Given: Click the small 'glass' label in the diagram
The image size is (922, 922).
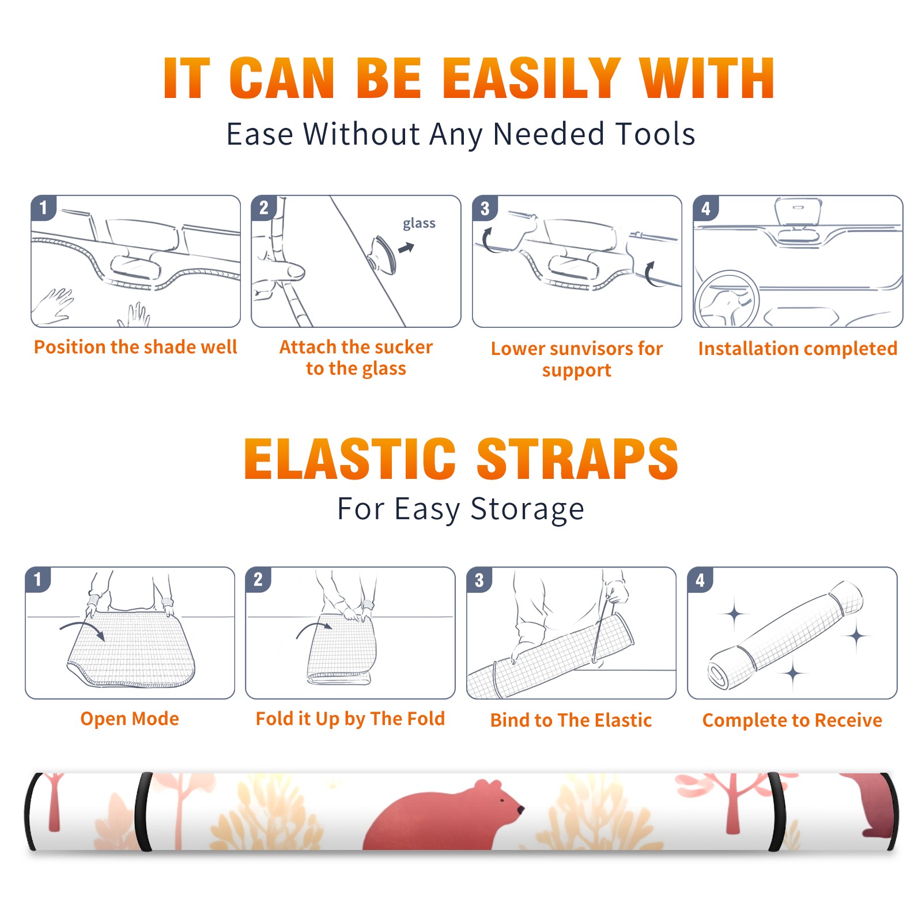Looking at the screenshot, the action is click(x=419, y=224).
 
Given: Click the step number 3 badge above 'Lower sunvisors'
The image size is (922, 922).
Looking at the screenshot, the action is click(x=485, y=208).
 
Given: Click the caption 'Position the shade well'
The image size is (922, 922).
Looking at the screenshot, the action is click(x=135, y=347).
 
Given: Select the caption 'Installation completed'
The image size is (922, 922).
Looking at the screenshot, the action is click(x=798, y=349).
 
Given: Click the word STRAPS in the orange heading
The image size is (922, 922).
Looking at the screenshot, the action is click(x=577, y=459).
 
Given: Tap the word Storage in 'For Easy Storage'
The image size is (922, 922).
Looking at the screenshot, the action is click(x=527, y=509).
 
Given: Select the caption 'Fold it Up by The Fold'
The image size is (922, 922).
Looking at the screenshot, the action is click(x=350, y=719).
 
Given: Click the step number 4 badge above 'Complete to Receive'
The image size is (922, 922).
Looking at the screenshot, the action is click(x=700, y=580).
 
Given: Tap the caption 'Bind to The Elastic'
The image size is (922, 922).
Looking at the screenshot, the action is click(x=571, y=720).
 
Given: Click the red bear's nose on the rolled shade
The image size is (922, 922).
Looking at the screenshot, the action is click(x=521, y=810).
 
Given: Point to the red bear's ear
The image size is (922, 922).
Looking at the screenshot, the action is click(x=480, y=784).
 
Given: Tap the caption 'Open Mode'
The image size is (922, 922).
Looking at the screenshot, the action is click(x=130, y=719).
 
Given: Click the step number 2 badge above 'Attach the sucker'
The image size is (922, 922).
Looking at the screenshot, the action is click(x=264, y=208).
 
